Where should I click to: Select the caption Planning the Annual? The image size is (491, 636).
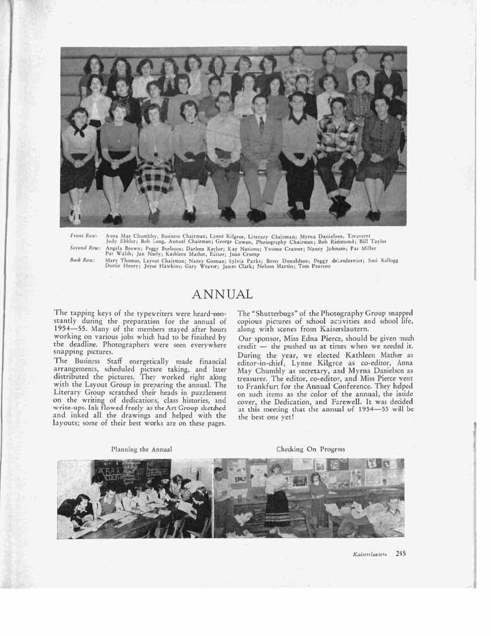141,449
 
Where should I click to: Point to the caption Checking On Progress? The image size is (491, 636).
310,449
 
